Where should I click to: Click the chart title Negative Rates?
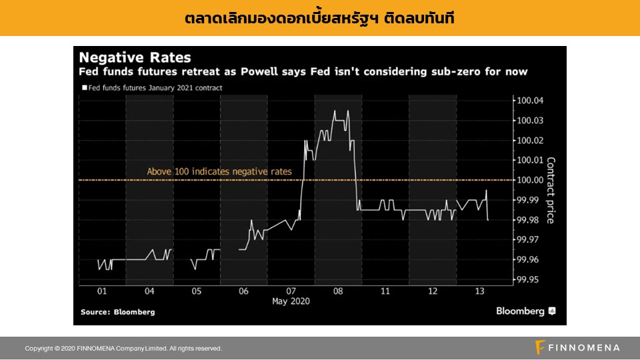point(135,57)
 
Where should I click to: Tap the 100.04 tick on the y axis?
point(530,101)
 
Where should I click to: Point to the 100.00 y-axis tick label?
point(530,180)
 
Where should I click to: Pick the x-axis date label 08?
point(338,291)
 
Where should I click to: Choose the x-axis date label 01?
point(102,291)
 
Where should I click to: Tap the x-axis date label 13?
point(480,291)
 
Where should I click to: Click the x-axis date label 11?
point(385,291)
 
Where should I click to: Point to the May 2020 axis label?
point(291,301)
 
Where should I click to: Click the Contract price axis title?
point(551,190)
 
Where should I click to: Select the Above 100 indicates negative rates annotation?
point(219,172)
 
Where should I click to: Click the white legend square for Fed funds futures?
point(85,88)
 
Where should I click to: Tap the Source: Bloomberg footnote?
point(118,312)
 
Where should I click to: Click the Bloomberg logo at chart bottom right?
point(525,311)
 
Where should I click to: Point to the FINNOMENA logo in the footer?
point(577,347)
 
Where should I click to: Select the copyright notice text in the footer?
point(123,349)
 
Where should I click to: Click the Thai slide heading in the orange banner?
point(320,18)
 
